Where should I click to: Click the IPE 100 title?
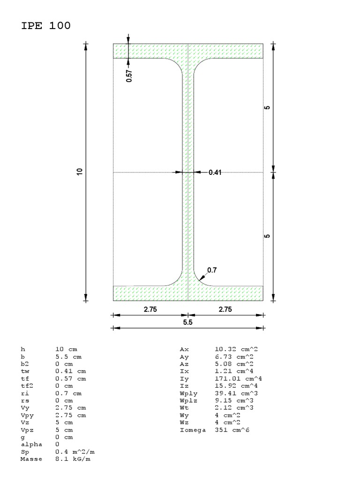(x=46, y=26)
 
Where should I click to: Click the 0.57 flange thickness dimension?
(x=129, y=76)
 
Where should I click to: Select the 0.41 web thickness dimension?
(x=215, y=172)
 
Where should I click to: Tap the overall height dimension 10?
(x=80, y=172)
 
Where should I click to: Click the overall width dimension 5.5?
(x=187, y=322)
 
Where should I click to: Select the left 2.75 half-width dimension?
(x=150, y=309)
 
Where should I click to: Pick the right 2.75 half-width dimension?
(x=225, y=309)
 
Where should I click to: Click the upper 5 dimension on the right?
(x=267, y=108)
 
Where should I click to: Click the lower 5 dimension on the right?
(x=267, y=236)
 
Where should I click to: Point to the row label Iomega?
(x=193, y=430)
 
